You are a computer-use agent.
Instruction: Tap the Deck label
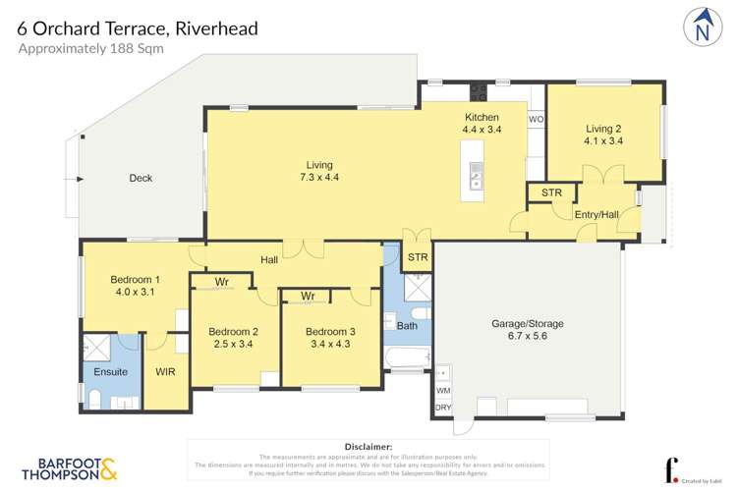(x=141, y=178)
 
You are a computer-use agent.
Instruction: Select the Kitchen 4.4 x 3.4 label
(x=482, y=123)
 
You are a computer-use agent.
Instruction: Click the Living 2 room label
(x=604, y=134)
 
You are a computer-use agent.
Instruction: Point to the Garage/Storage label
(x=528, y=331)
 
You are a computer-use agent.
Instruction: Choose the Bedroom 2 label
(x=234, y=338)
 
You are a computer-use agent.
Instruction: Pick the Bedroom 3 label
(x=329, y=338)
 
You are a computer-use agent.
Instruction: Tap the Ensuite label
(x=111, y=372)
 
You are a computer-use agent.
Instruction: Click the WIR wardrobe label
(x=165, y=372)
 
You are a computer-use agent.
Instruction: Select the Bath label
(x=407, y=325)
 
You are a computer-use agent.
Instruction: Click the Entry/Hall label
(x=595, y=214)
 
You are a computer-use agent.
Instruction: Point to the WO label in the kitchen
(x=536, y=119)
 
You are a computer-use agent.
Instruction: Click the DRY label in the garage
(x=443, y=408)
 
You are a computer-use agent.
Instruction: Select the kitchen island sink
(x=476, y=175)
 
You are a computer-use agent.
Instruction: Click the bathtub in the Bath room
(x=407, y=360)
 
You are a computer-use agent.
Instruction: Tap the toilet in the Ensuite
(x=95, y=398)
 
